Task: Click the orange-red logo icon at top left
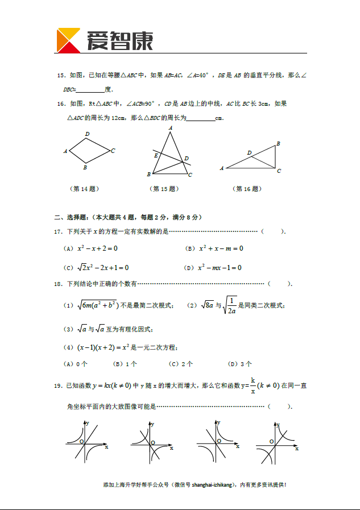tap(68, 40)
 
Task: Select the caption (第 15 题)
tap(164, 189)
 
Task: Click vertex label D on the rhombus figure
tap(87, 134)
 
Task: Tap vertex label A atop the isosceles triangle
tap(171, 128)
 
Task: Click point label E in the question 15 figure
tap(156, 155)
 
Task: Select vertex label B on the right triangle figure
tap(278, 144)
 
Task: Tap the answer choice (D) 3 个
tap(239, 364)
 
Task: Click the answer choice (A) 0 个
tap(75, 364)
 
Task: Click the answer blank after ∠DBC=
tap(90, 90)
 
